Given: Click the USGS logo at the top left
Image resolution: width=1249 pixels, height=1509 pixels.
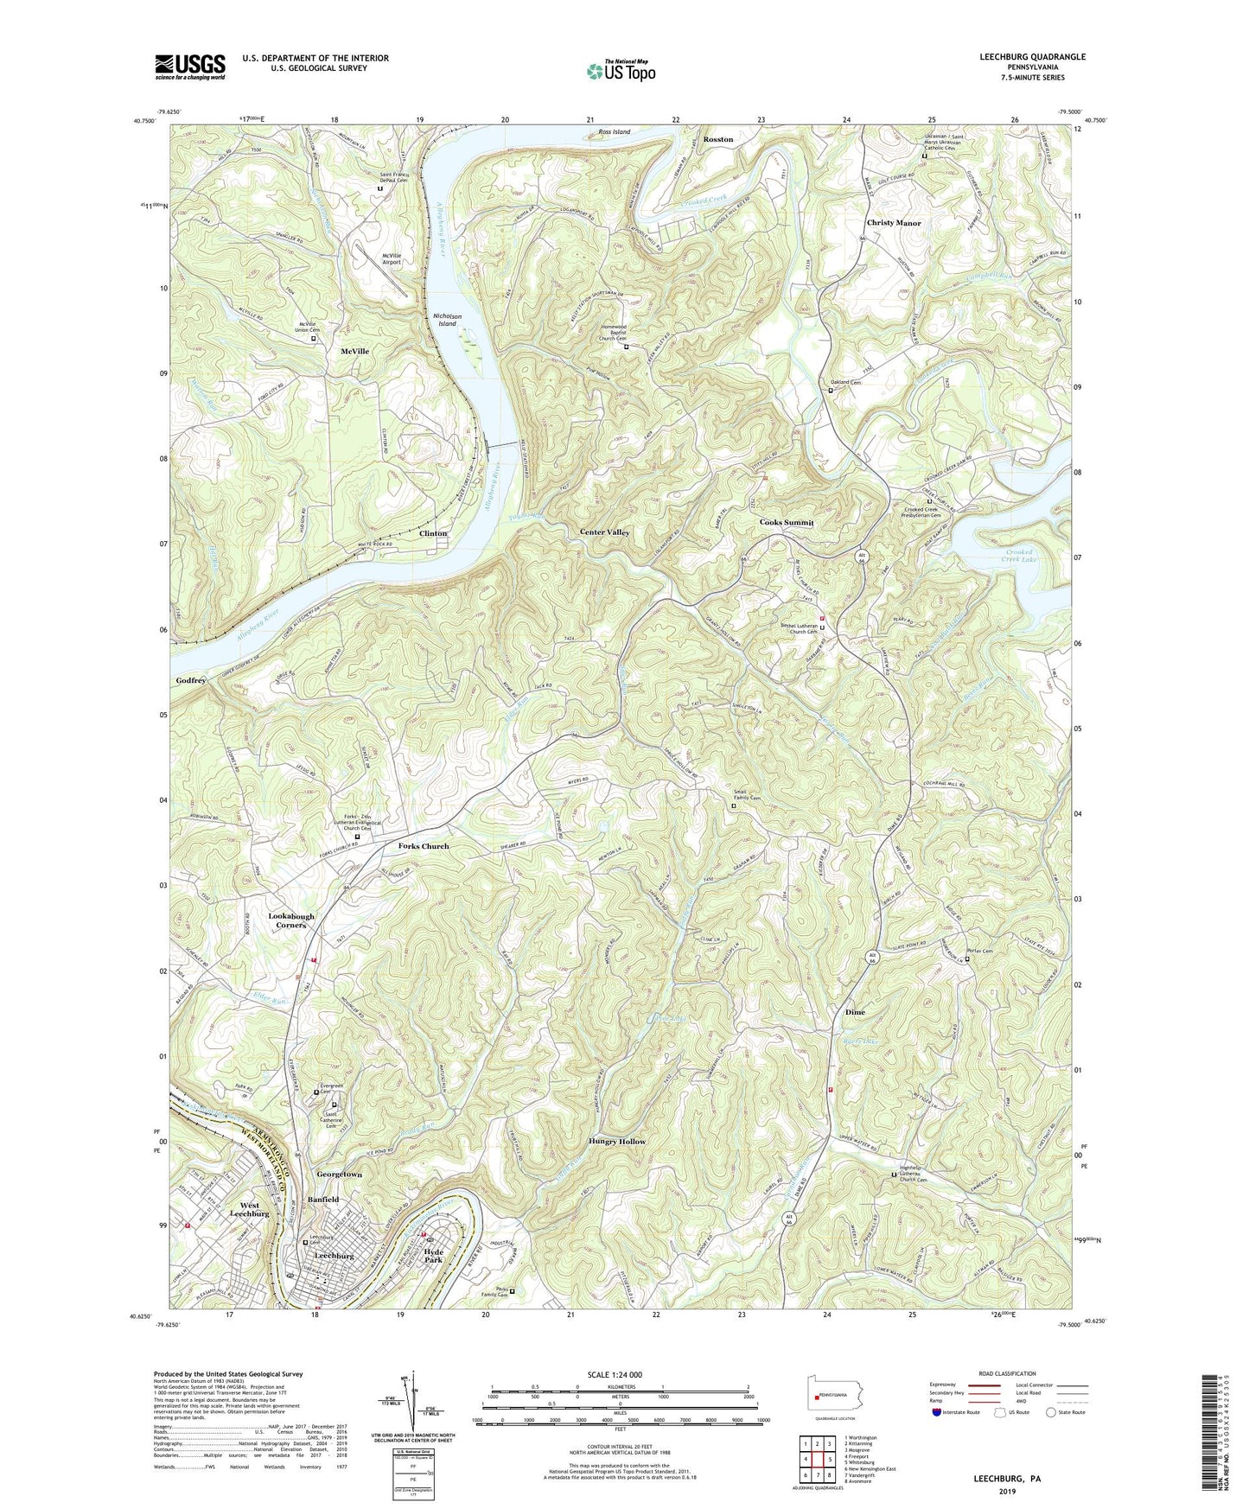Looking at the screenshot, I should click(x=190, y=66).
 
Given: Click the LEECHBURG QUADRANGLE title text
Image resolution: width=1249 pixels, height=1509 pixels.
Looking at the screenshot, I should click(x=1031, y=57).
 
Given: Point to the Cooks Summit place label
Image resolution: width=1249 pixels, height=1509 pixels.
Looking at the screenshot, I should click(x=786, y=523).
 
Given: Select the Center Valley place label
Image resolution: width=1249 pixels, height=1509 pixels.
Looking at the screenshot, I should click(x=604, y=532).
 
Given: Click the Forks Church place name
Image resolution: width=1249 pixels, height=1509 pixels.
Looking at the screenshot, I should click(x=424, y=846).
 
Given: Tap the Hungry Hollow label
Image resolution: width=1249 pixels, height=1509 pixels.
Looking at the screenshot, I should click(x=617, y=1142).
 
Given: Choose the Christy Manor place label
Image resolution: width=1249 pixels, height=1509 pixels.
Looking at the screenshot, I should click(x=894, y=223).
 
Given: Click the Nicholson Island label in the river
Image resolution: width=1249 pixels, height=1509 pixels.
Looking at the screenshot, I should click(x=447, y=320).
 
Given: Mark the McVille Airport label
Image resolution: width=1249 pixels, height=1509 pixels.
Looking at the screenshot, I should click(x=391, y=258).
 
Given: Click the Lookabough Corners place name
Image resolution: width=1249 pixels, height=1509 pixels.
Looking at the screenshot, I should click(x=291, y=920).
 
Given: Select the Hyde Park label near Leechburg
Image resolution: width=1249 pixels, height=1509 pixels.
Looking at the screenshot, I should click(x=433, y=1256).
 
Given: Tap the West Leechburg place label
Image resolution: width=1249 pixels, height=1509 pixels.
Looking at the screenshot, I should click(x=250, y=1209).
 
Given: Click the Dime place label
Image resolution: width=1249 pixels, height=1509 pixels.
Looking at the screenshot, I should click(x=854, y=1012).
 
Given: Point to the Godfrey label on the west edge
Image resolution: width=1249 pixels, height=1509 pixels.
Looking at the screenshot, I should click(x=190, y=681).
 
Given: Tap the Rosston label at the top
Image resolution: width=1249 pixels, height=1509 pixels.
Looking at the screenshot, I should click(x=717, y=139).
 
